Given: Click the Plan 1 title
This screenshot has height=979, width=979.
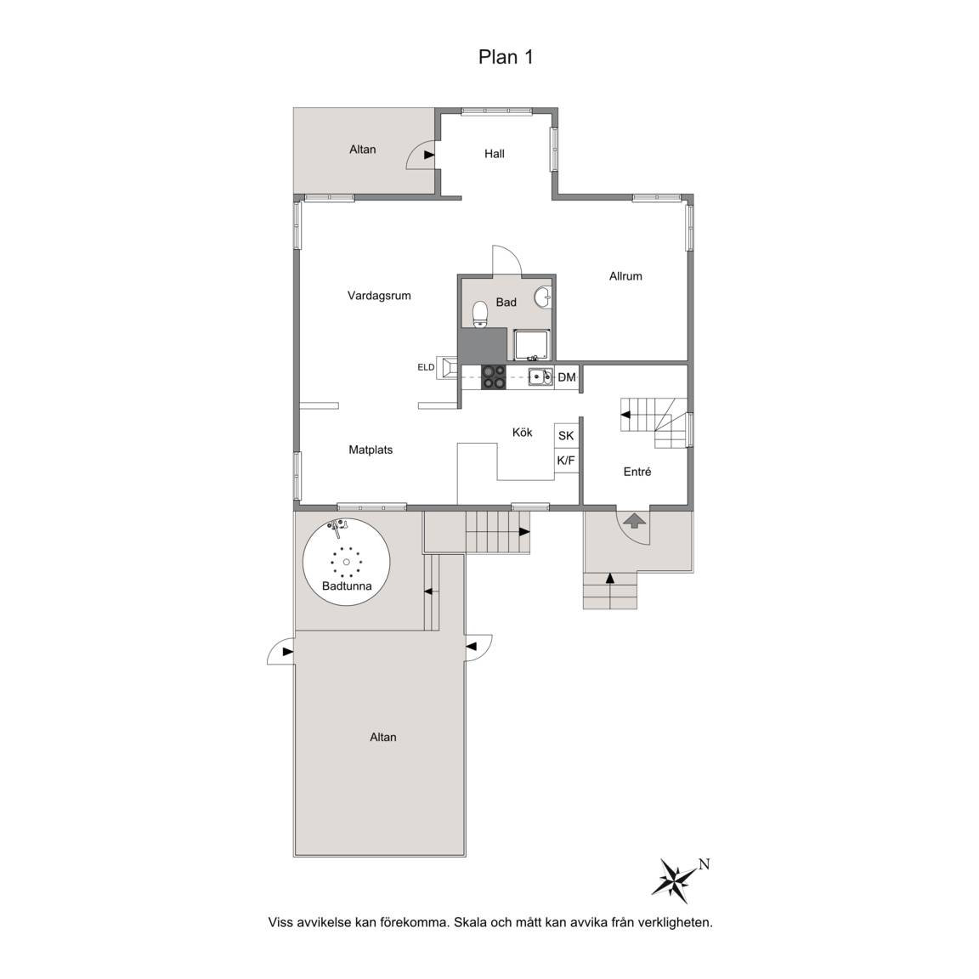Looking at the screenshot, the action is click(506, 57).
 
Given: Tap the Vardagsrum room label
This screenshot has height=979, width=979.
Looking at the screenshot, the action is click(379, 296).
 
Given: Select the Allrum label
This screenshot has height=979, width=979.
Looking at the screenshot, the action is click(625, 276).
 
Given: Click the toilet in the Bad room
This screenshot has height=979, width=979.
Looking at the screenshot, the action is click(480, 314).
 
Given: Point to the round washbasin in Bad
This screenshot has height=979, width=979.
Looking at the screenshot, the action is click(544, 297).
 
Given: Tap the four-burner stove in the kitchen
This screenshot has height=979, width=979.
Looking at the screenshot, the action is click(493, 377).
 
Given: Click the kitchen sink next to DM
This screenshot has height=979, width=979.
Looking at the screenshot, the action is click(540, 377).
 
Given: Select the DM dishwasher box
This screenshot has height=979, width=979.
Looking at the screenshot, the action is click(567, 377).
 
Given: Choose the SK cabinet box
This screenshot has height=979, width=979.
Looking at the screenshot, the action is click(566, 436).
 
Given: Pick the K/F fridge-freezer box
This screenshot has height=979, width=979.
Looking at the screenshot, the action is click(566, 461).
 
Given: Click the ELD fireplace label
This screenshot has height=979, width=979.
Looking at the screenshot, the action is click(426, 367).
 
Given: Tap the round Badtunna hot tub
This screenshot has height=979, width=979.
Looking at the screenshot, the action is click(347, 561).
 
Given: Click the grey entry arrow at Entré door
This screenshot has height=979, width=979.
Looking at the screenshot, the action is click(635, 520).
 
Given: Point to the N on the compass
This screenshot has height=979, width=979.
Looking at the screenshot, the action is click(704, 864).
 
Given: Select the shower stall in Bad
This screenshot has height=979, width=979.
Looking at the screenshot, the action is click(532, 345).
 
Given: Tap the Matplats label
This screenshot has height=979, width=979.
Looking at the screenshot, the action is click(371, 450).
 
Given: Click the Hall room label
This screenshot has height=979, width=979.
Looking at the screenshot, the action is click(495, 154).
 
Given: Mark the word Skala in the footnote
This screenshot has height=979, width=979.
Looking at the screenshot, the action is click(471, 922).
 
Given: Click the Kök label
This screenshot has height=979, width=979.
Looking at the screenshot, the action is click(522, 432).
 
